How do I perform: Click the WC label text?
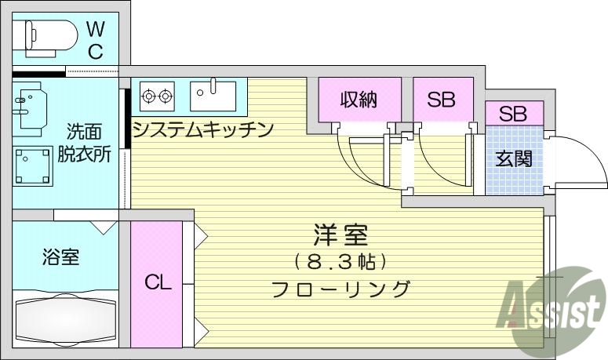(95, 41)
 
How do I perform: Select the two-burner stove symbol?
(156, 96)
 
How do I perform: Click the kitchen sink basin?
(213, 96)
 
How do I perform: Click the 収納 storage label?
(359, 100)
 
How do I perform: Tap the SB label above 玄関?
(512, 114)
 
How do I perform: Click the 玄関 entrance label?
(514, 159)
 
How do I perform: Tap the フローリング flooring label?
(340, 288)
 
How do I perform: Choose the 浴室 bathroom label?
(60, 256)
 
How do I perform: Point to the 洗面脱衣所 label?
(83, 143)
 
